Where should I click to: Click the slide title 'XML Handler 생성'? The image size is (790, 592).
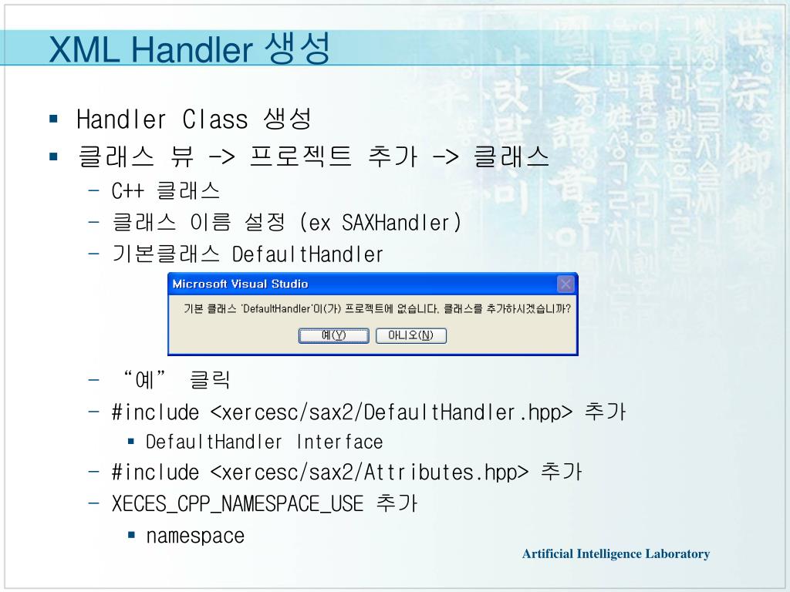[x=189, y=49]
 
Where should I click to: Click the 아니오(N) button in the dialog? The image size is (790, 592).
[x=410, y=335]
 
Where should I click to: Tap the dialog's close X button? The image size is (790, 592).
[x=565, y=284]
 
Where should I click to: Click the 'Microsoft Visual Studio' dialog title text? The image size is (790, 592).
[x=240, y=284]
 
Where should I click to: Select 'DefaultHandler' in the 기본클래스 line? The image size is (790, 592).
[x=308, y=255]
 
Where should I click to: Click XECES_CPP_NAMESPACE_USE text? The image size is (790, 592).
[x=238, y=504]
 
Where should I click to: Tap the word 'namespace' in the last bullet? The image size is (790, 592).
[x=195, y=536]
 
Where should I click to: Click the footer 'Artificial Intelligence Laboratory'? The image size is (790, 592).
[x=615, y=553]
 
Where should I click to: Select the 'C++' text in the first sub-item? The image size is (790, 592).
[x=128, y=191]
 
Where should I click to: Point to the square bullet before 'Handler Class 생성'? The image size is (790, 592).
[x=53, y=119]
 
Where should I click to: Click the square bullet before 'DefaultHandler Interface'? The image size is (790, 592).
[x=131, y=442]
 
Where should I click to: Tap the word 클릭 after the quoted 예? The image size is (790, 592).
[x=211, y=380]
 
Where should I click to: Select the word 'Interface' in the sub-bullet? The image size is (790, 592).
[x=339, y=442]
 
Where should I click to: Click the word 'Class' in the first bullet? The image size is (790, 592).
[x=215, y=120]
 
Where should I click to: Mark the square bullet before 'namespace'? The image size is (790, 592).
[x=131, y=535]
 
